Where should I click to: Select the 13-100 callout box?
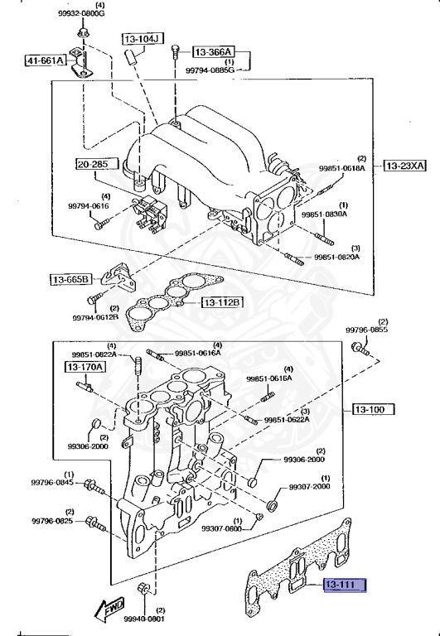(373, 409)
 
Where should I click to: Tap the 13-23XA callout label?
(404, 166)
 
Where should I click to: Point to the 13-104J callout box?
(143, 38)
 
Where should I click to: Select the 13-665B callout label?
(70, 279)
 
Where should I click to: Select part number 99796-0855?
(366, 330)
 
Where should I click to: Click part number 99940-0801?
(143, 618)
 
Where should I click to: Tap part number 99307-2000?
(309, 487)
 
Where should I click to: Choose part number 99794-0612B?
(99, 316)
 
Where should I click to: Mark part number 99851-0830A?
(324, 214)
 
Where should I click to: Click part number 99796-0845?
(53, 483)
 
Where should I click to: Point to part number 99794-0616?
(89, 205)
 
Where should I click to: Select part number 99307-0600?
(220, 528)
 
